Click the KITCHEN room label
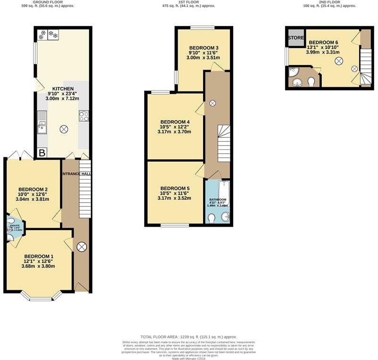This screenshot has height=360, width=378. coord(63,89)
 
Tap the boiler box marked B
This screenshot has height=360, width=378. coord(41,153)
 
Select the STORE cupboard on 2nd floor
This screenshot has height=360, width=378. coord(296,38)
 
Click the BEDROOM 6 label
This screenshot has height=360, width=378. coord(323,42)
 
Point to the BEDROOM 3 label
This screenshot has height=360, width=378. coord(204,48)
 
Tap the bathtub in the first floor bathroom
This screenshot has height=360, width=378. coord(224,193)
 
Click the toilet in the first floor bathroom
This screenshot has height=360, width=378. coord(212,218)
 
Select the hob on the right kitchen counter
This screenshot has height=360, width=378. coord(84,116)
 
